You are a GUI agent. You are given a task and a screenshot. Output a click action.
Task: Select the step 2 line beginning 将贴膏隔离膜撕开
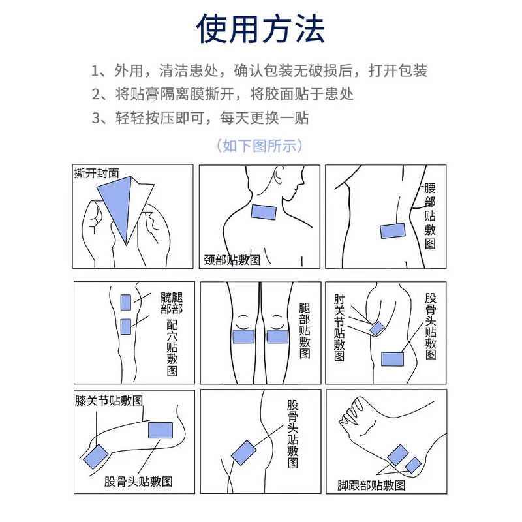(223, 95)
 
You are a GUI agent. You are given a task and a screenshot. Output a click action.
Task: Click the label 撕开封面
(97, 174)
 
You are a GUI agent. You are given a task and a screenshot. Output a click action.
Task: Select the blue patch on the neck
(264, 212)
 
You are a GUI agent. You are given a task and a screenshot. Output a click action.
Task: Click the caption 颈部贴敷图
(232, 260)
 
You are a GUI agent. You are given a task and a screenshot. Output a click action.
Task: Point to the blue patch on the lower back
(393, 231)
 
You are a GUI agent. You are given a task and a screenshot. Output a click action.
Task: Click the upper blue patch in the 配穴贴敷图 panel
(126, 302)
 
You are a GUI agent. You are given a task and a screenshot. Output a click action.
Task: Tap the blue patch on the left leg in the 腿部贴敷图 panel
(243, 336)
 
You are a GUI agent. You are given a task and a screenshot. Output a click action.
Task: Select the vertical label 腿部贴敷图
(304, 330)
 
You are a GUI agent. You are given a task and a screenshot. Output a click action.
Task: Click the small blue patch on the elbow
(376, 329)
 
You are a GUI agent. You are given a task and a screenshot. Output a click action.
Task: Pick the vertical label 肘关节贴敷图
(339, 326)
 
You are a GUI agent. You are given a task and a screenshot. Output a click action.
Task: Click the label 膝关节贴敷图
(109, 400)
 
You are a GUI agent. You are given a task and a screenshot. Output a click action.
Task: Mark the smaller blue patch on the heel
(413, 465)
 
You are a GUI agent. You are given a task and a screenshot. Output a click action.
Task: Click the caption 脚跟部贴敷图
(371, 485)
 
